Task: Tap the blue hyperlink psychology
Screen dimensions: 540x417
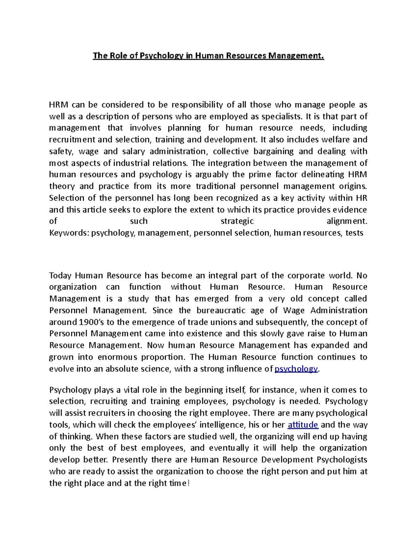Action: pyautogui.click(x=296, y=369)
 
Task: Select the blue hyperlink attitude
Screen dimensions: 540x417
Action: pyautogui.click(x=303, y=425)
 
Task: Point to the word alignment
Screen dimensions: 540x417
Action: pyautogui.click(x=346, y=221)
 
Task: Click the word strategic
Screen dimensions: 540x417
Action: pyautogui.click(x=237, y=221)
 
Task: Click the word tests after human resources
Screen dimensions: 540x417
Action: pyautogui.click(x=354, y=233)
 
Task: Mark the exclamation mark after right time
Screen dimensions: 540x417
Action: pyautogui.click(x=188, y=483)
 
